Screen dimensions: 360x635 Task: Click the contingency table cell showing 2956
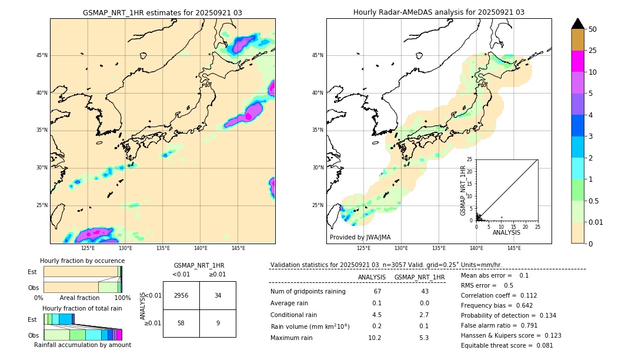pos(181,295)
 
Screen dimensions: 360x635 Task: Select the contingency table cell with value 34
pos(218,295)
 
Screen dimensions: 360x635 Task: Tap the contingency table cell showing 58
pos(181,323)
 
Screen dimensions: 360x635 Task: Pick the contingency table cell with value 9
pos(218,323)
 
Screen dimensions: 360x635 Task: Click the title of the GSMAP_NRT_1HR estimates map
pos(162,12)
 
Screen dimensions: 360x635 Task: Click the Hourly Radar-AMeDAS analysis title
pos(439,12)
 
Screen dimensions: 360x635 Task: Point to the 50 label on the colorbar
pos(593,29)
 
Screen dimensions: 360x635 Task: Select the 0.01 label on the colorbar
pos(597,222)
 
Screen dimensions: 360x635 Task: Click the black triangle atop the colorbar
pos(578,24)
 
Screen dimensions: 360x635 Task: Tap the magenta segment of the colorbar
pos(578,61)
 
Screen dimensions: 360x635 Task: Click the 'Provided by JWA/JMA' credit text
pos(360,237)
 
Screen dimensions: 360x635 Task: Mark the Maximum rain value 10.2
pos(375,338)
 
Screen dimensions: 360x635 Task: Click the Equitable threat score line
pos(507,345)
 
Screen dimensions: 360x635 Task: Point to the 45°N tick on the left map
pos(42,55)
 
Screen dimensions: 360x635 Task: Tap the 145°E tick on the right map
pos(514,248)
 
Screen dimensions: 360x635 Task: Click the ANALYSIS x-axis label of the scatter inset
pos(506,232)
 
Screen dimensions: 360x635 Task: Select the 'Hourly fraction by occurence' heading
pos(82,261)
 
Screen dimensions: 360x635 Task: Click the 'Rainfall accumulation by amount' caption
pos(82,345)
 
